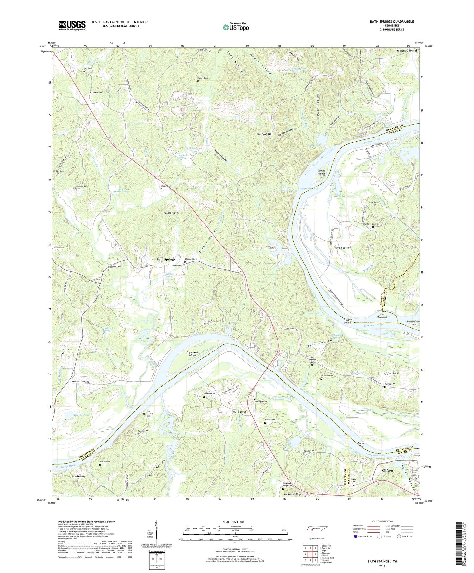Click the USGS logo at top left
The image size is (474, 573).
click(72, 25)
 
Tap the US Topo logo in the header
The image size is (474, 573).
click(236, 27)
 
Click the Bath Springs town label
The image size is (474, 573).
click(166, 259)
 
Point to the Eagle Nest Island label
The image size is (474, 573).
click(192, 354)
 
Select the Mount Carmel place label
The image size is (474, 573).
click(406, 51)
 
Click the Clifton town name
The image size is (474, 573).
click(387, 470)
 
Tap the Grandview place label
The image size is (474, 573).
click(77, 476)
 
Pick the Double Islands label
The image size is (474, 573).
click(321, 172)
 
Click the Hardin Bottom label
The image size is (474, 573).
click(342, 248)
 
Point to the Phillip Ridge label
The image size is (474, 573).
click(171, 213)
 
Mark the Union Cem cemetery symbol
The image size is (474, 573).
click(63, 353)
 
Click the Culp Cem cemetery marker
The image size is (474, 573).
click(375, 205)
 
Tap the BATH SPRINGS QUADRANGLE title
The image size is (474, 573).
click(392, 22)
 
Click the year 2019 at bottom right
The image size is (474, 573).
click(382, 566)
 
